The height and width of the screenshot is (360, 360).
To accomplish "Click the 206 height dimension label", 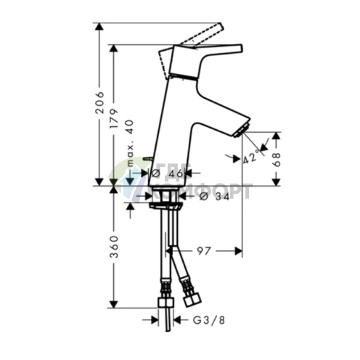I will point(100,105).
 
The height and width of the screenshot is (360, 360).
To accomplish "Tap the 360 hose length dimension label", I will point(115,247).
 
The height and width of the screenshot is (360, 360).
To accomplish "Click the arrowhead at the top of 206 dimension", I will point(99,25).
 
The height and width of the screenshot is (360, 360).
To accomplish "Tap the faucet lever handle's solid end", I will point(229,49).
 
